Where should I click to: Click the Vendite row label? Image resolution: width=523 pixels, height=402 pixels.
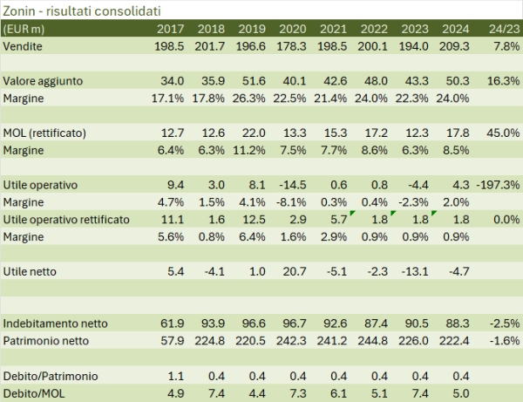(x=25, y=44)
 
